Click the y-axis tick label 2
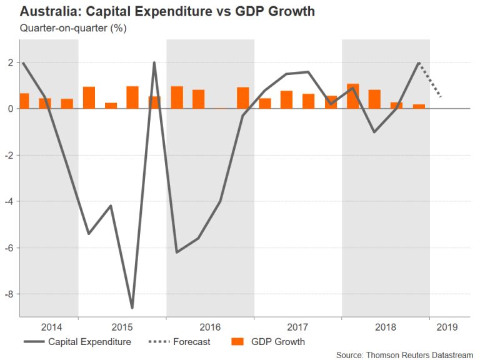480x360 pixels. point(11,62)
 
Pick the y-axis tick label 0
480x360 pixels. point(11,109)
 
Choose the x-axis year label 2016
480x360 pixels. point(210,326)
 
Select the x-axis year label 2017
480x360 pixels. point(297,326)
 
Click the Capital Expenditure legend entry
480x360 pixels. point(77,342)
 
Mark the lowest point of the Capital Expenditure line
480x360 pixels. point(132,307)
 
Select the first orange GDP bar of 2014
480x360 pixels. point(24,101)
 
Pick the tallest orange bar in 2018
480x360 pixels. point(353,96)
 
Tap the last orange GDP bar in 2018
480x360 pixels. point(419,106)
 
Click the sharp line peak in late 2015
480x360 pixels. point(154,63)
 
